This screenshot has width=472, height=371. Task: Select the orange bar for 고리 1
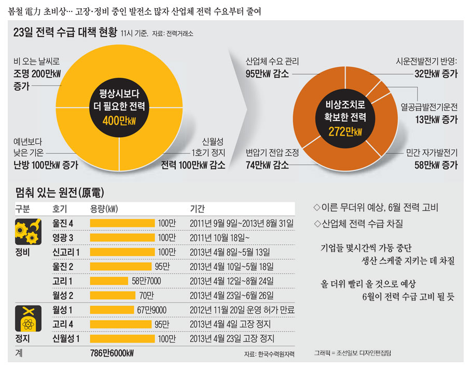(109, 281)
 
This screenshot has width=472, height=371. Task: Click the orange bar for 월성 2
(112, 295)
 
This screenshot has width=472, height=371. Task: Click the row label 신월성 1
(66, 339)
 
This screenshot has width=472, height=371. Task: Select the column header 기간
(197, 209)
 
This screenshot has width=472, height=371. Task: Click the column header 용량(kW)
(104, 209)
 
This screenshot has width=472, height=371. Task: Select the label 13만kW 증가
(439, 120)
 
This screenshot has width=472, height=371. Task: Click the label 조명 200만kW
(38, 74)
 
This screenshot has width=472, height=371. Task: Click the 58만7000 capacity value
(146, 281)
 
